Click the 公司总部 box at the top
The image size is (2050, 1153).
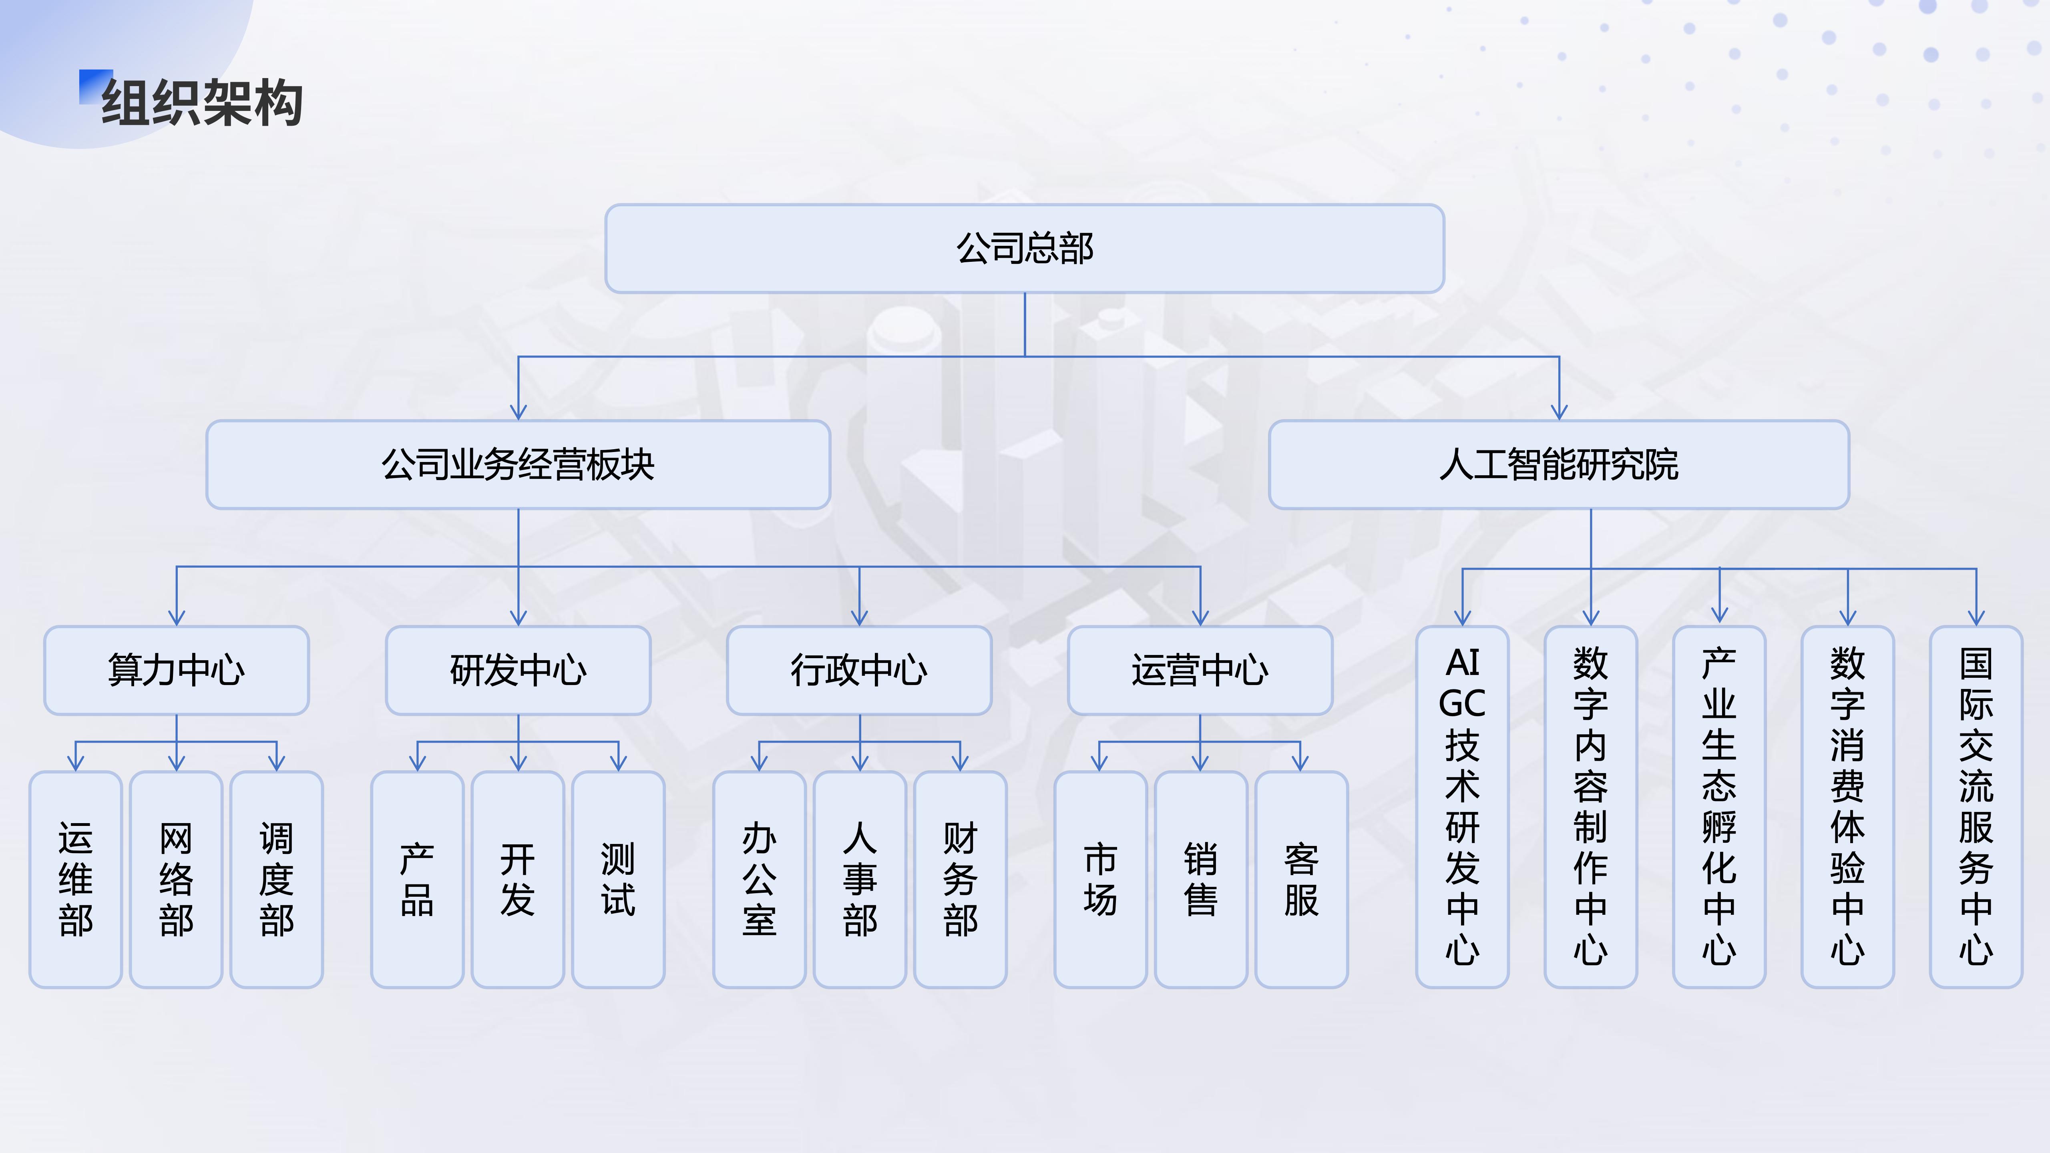1024,248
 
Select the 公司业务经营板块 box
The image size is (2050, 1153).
518,465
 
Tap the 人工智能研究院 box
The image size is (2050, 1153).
1558,465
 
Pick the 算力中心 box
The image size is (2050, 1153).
176,670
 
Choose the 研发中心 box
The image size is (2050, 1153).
518,670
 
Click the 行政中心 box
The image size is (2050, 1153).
859,670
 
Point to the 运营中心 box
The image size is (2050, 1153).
1199,670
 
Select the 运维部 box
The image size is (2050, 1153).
76,879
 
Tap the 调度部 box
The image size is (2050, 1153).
276,879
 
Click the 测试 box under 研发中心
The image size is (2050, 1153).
617,879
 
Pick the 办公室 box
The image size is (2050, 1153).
759,879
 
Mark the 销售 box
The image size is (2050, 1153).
1200,879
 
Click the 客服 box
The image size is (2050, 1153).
1301,879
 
